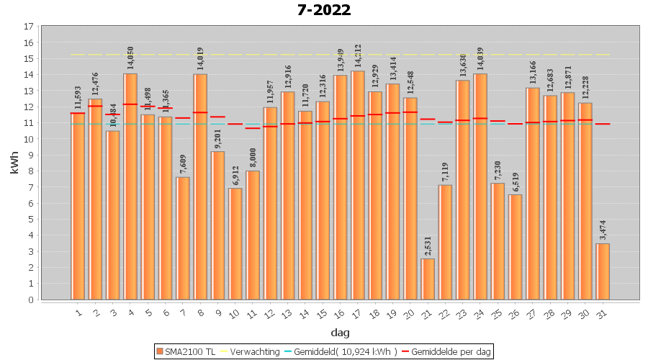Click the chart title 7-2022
point(324,10)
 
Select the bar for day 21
point(428,279)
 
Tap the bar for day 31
point(603,271)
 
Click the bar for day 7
point(183,238)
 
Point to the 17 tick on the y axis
point(29,27)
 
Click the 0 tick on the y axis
point(31,300)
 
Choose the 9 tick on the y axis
point(31,155)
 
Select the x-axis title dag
point(340,332)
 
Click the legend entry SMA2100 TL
point(186,351)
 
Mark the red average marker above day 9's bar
point(218,117)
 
